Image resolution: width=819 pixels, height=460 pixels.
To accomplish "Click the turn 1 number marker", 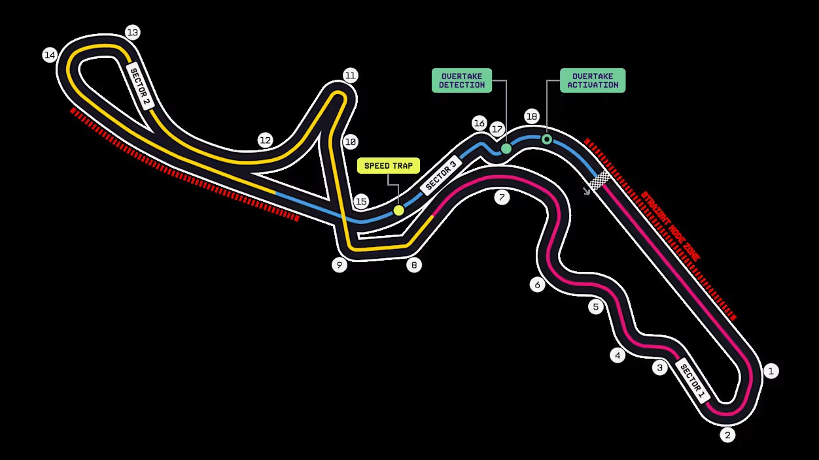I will click(x=771, y=371).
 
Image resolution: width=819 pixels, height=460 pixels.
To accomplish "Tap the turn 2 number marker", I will click(x=727, y=435).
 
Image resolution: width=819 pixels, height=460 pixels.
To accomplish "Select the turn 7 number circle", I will click(x=502, y=197).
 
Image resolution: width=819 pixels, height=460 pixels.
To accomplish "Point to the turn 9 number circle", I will click(x=339, y=265).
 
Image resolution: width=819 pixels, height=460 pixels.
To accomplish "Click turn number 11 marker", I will click(x=350, y=76).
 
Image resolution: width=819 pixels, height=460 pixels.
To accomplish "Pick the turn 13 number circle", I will click(x=133, y=32).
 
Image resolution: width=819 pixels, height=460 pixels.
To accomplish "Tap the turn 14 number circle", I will click(x=49, y=55).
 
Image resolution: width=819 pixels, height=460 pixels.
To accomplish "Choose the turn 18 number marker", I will click(x=531, y=116).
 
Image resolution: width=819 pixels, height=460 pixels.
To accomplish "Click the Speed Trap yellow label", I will click(x=389, y=165).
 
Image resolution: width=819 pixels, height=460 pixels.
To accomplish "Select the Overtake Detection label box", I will click(x=462, y=80).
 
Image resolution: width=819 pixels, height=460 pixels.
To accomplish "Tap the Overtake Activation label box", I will click(x=593, y=80).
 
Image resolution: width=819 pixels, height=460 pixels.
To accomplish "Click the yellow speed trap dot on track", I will click(x=398, y=210).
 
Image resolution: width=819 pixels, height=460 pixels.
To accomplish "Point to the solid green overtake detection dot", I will click(x=506, y=148).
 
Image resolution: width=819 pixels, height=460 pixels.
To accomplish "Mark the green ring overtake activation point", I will click(x=547, y=139).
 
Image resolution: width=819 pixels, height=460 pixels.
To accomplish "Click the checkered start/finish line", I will click(x=600, y=179).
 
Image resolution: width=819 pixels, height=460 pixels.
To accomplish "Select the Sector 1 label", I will click(x=693, y=380).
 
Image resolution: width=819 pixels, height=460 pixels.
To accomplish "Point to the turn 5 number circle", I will click(x=595, y=306).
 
